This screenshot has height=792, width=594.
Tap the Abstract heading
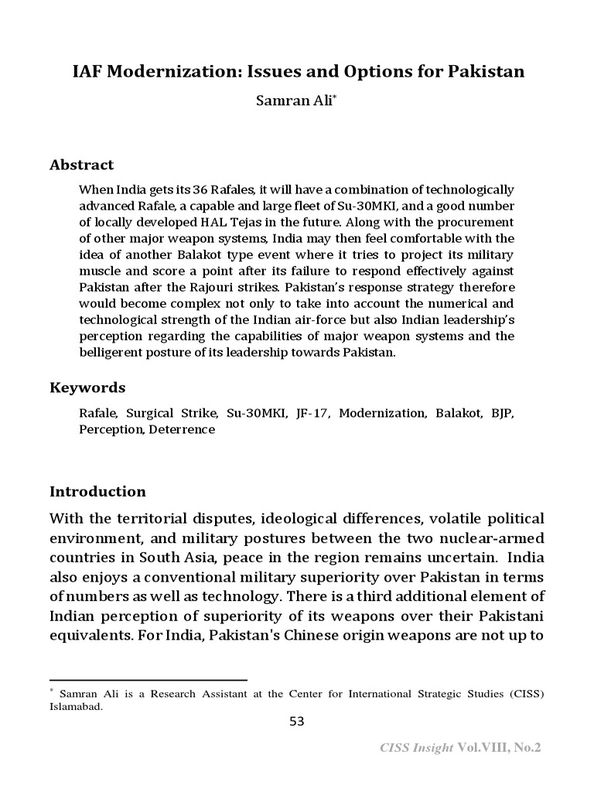tap(81, 165)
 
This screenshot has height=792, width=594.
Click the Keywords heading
tap(87, 387)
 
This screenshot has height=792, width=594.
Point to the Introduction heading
tap(97, 492)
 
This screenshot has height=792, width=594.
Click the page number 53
tap(297, 722)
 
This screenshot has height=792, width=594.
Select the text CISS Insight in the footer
tap(417, 748)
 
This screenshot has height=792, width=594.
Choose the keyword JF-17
tap(312, 414)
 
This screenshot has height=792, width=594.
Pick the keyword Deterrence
tap(182, 429)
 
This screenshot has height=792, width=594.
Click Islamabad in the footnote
tap(76, 706)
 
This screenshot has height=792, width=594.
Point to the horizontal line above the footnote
tap(148, 680)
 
